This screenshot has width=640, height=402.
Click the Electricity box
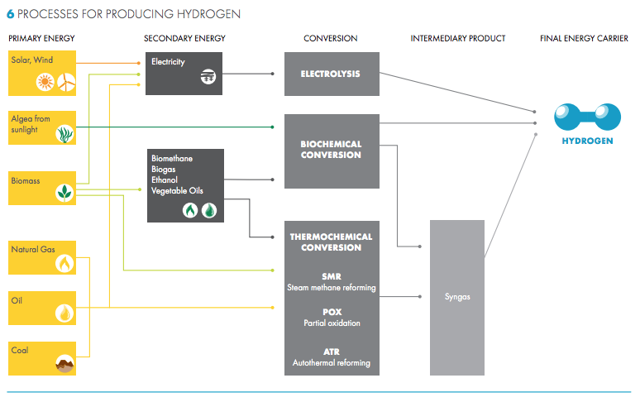click(186, 73)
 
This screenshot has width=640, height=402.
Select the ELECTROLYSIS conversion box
click(331, 74)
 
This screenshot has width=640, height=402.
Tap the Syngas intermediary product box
click(456, 296)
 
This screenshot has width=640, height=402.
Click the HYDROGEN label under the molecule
click(587, 141)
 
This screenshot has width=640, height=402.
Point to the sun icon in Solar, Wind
click(45, 81)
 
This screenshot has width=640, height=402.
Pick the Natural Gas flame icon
click(64, 263)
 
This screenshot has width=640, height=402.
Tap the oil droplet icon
click(64, 313)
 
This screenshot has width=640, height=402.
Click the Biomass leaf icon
click(64, 193)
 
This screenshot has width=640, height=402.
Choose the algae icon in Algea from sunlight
click(64, 134)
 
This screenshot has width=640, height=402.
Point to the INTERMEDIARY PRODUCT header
click(457, 39)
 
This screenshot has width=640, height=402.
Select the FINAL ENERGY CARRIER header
click(583, 39)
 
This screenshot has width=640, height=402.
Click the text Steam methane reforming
click(332, 288)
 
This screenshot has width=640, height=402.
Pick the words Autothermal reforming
click(332, 363)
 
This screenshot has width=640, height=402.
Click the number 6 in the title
click(10, 15)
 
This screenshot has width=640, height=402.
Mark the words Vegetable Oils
click(177, 190)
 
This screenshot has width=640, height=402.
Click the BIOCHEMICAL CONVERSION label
click(331, 150)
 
